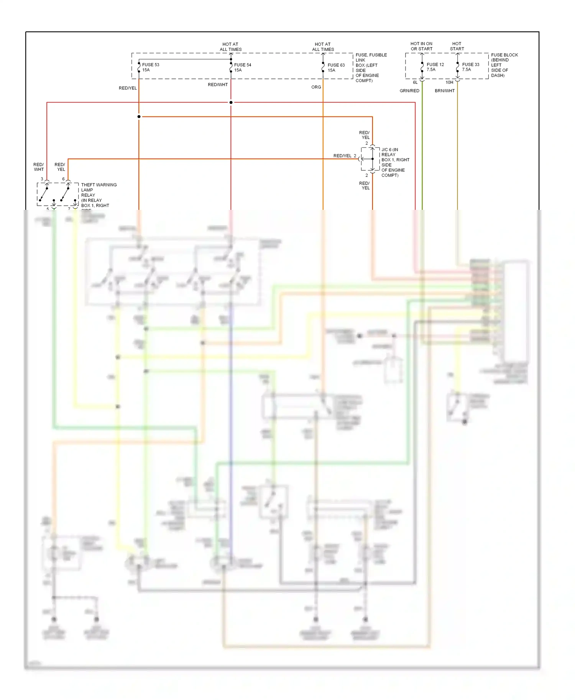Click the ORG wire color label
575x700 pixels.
pyautogui.click(x=316, y=87)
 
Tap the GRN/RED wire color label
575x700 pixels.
pyautogui.click(x=409, y=91)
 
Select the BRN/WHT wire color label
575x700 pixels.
pyautogui.click(x=444, y=91)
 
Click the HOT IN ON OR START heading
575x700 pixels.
pyautogui.click(x=421, y=46)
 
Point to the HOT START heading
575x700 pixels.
pyautogui.click(x=457, y=46)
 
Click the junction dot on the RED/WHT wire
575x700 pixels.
pyautogui.click(x=231, y=102)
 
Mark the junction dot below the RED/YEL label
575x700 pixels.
pyautogui.click(x=139, y=116)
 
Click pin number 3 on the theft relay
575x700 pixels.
pyautogui.click(x=42, y=179)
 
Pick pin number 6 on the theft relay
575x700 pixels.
pyautogui.click(x=64, y=179)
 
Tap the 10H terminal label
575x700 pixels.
pyautogui.click(x=449, y=82)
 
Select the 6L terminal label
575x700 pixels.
pyautogui.click(x=415, y=82)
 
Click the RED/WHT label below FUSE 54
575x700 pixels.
pyautogui.click(x=217, y=85)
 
